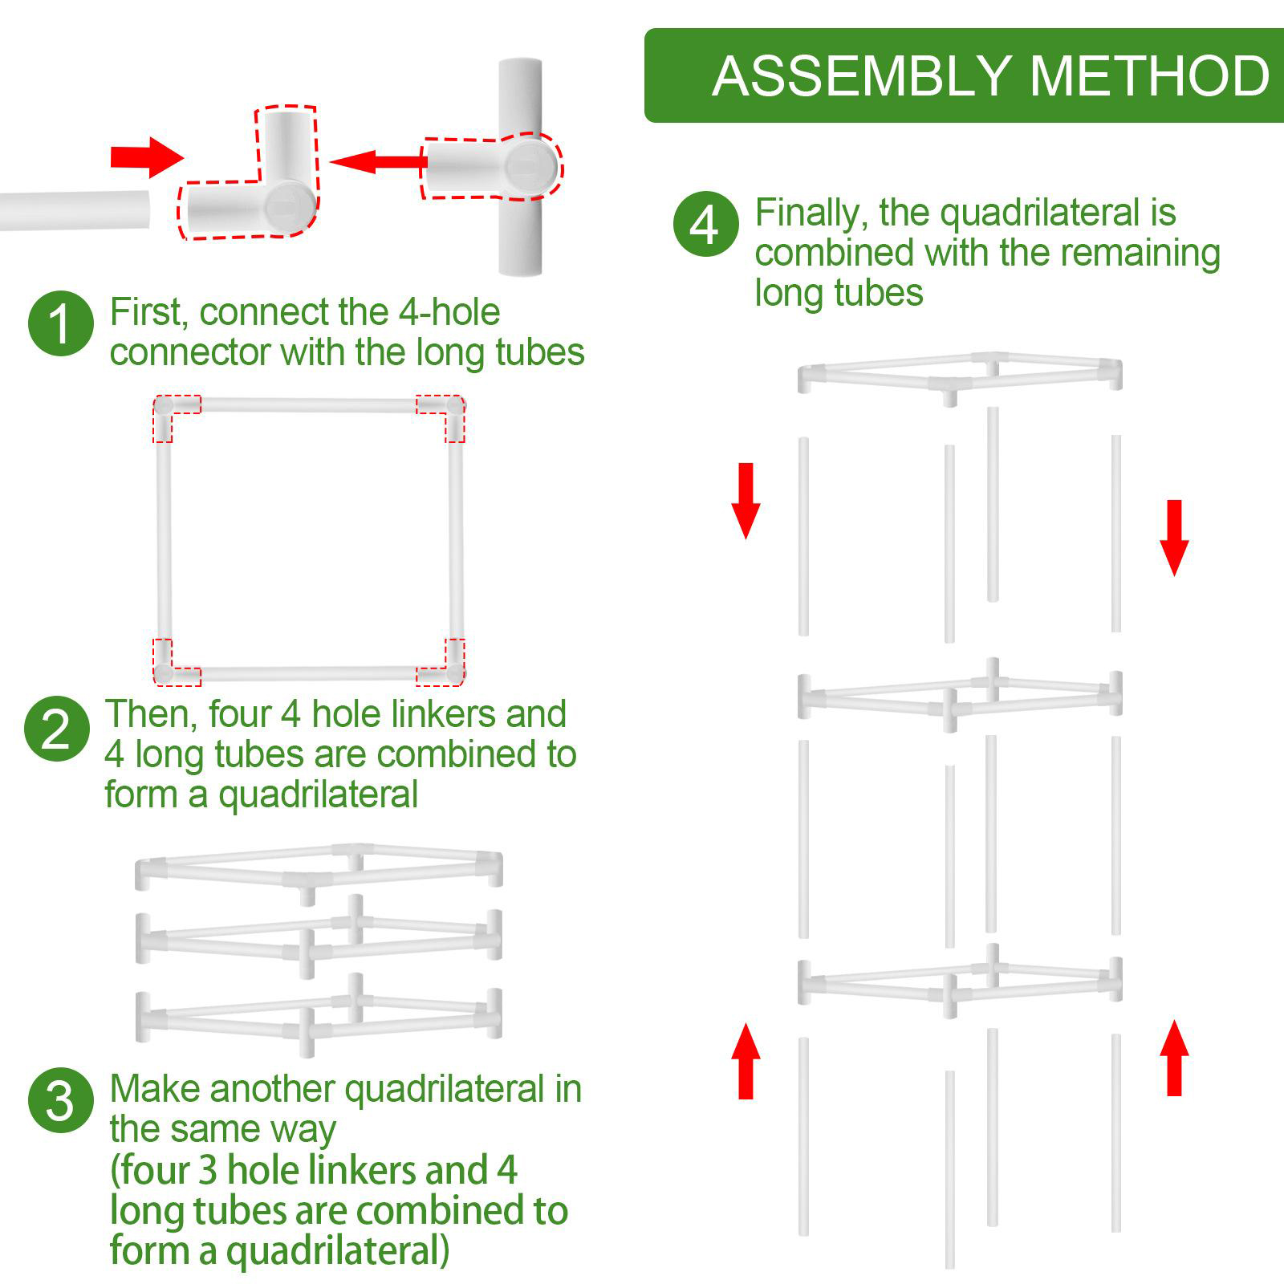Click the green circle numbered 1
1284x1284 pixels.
[x=61, y=324]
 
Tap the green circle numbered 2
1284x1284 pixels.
[x=56, y=729]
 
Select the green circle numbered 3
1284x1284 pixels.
[x=61, y=1100]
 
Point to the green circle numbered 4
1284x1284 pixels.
[x=705, y=225]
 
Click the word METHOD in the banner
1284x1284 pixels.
[x=1149, y=76]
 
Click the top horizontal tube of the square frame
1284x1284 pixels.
[x=309, y=406]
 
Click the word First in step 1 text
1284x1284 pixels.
[x=148, y=312]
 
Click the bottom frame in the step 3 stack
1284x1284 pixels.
[x=319, y=1015]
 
